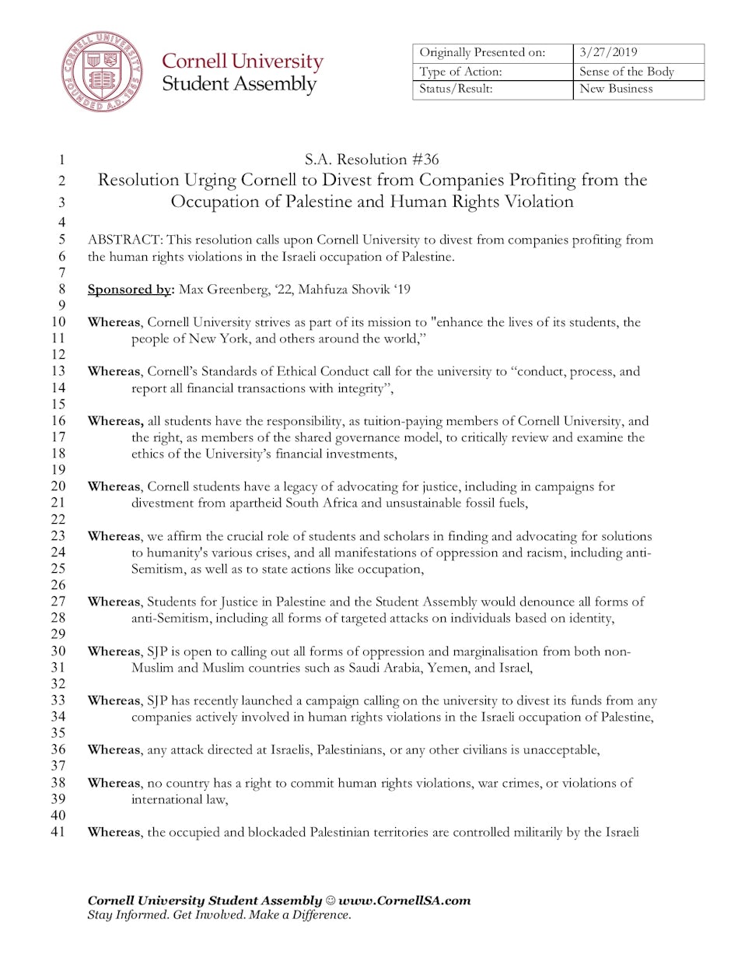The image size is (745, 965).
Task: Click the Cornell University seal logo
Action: (102, 72)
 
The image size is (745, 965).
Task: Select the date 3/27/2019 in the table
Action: (608, 52)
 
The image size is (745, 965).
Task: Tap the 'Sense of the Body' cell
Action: (626, 72)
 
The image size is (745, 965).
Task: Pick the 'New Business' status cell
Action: (616, 89)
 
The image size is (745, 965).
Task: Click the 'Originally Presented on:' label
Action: (482, 52)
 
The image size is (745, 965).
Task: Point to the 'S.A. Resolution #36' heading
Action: (372, 160)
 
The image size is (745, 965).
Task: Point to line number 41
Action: (58, 832)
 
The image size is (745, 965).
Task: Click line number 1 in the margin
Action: (61, 160)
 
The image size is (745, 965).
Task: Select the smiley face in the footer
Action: (330, 900)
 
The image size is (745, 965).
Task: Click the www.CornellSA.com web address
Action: (404, 900)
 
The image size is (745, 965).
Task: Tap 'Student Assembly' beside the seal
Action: (239, 84)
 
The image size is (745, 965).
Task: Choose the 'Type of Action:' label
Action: (460, 72)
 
